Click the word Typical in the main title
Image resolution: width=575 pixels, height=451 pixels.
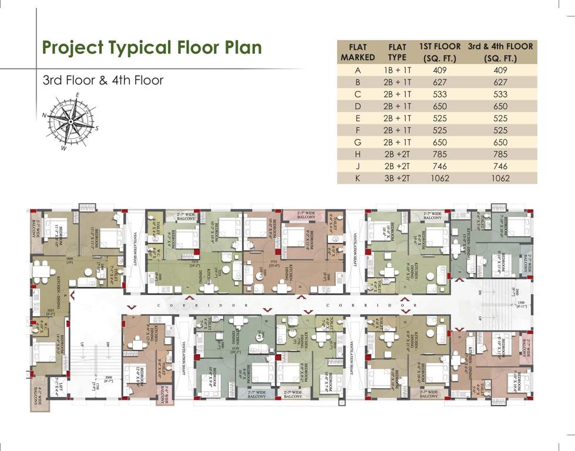click(x=153, y=47)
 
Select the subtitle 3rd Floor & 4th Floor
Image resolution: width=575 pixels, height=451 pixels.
click(x=103, y=80)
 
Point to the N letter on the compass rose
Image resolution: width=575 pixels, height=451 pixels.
click(x=45, y=116)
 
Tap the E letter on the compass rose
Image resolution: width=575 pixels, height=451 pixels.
click(x=77, y=96)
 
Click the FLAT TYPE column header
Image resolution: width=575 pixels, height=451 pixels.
click(x=397, y=52)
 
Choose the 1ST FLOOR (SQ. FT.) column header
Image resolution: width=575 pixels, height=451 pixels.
click(x=439, y=52)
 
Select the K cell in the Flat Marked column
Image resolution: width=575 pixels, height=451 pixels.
click(x=357, y=179)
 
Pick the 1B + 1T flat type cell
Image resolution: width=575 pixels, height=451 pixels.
click(x=397, y=70)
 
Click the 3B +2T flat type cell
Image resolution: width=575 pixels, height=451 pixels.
click(x=397, y=179)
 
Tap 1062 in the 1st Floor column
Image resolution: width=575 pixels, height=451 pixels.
click(x=439, y=179)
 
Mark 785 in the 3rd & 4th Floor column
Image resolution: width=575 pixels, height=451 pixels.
click(x=500, y=154)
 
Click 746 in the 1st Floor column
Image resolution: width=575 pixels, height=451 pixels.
click(x=439, y=167)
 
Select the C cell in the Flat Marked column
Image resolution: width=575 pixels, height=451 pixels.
click(x=357, y=95)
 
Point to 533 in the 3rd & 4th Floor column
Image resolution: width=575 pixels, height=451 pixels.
click(x=500, y=95)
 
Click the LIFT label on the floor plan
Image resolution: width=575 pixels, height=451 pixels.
click(x=59, y=388)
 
